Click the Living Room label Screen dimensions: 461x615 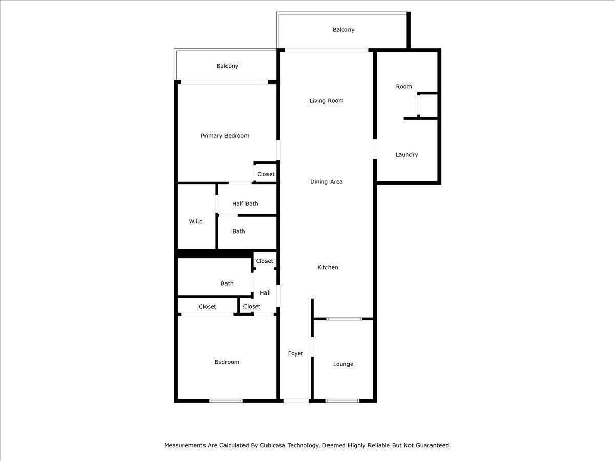pyautogui.click(x=326, y=101)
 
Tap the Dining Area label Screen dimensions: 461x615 pyautogui.click(x=326, y=182)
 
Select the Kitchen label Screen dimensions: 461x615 pyautogui.click(x=327, y=267)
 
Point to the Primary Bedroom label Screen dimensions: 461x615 pyautogui.click(x=225, y=136)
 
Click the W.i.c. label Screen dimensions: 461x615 pyautogui.click(x=196, y=221)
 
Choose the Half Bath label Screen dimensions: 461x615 pyautogui.click(x=245, y=204)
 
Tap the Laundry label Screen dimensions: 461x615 pyautogui.click(x=406, y=155)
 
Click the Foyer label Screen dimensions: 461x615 pyautogui.click(x=295, y=353)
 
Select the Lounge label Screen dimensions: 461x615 pyautogui.click(x=343, y=364)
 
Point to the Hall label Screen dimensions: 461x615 pyautogui.click(x=265, y=293)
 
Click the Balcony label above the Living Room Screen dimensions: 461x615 pyautogui.click(x=343, y=30)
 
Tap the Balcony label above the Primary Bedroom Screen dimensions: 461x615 pyautogui.click(x=227, y=66)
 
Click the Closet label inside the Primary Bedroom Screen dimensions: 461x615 pyautogui.click(x=266, y=174)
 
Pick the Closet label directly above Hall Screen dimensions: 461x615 pyautogui.click(x=264, y=261)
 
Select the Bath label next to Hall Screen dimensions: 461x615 pyautogui.click(x=227, y=284)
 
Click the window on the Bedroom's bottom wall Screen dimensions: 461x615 pyautogui.click(x=226, y=401)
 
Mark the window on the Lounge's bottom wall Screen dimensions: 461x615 pyautogui.click(x=343, y=401)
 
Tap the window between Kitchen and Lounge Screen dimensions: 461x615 pyautogui.click(x=344, y=319)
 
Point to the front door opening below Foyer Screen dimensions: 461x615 pyautogui.click(x=296, y=401)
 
